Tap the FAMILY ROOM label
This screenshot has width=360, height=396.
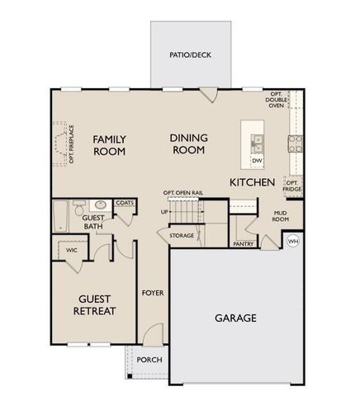pos(108,145)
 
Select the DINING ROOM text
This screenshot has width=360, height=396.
pos(188,145)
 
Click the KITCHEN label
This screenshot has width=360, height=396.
pos(252,181)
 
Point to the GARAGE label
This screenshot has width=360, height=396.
pos(235,318)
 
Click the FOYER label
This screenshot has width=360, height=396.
pos(152,293)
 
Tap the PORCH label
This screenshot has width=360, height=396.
pos(149,360)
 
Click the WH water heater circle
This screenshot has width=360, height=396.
pos(292,241)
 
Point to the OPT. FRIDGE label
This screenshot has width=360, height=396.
pos(291,186)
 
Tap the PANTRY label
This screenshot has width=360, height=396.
pos(243,244)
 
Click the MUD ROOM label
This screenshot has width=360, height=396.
pos(281,217)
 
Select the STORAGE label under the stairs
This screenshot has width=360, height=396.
pos(182,236)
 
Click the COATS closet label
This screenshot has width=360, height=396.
pos(125,202)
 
